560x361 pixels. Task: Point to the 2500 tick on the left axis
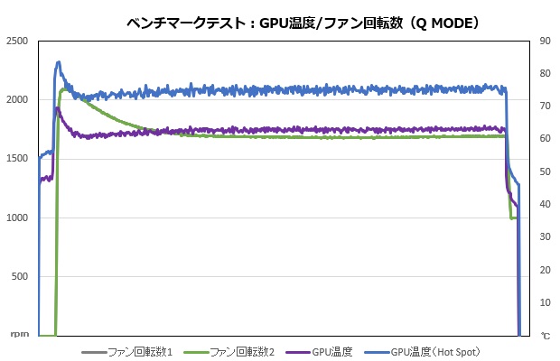[x=17, y=42]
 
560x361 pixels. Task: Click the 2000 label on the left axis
[x=17, y=100]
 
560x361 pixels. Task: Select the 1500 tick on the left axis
[x=17, y=159]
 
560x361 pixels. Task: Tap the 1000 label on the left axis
[x=17, y=218]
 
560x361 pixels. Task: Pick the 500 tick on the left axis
[x=21, y=277]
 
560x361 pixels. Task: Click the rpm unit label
[x=19, y=335]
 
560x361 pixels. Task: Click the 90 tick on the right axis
[x=545, y=41]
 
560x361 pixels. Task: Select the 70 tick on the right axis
[x=545, y=106]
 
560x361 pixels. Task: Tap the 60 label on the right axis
[x=545, y=139]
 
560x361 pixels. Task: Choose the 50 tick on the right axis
[x=545, y=171]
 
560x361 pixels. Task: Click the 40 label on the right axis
[x=545, y=205]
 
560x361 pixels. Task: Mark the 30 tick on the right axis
[x=545, y=237]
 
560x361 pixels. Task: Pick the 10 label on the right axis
[x=545, y=303]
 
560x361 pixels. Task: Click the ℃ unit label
[x=546, y=336]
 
